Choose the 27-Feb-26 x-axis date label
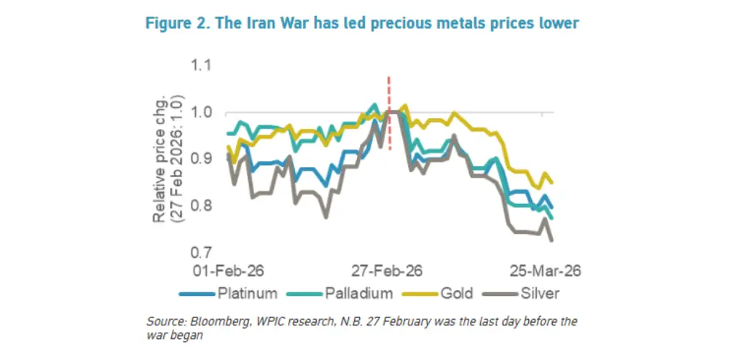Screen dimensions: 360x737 tap(388, 271)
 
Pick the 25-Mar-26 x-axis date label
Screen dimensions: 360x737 tap(545, 271)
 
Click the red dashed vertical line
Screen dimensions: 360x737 tap(389, 115)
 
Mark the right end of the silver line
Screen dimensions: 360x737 tap(552, 240)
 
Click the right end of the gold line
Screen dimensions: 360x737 tap(552, 182)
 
